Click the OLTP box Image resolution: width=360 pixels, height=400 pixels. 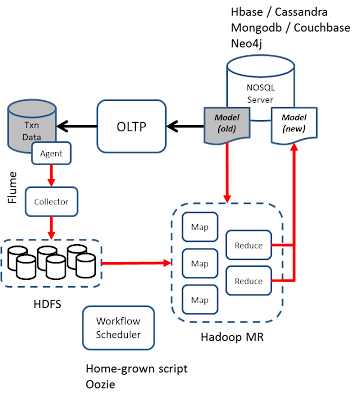tap(131, 126)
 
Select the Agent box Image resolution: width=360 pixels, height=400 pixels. tap(51, 153)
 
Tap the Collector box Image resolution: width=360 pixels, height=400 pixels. tap(51, 202)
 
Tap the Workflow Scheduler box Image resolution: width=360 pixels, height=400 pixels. tap(118, 328)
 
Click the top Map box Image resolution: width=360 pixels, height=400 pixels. tap(200, 227)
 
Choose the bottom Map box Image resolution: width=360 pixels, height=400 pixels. tap(200, 300)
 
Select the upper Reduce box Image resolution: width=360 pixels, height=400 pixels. tap(248, 245)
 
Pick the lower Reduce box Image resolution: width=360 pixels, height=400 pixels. tap(248, 281)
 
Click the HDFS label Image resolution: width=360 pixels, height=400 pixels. tap(47, 304)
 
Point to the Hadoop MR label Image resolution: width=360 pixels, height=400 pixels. tap(232, 337)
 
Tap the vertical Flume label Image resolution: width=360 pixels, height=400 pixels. tap(13, 187)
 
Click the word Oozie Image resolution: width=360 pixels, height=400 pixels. tap(101, 384)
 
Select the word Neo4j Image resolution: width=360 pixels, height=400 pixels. tap(246, 43)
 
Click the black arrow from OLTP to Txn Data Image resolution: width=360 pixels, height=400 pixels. tap(77, 126)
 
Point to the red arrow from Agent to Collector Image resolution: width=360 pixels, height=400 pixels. tap(51, 176)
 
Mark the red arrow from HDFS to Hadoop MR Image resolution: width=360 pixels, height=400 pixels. tap(136, 263)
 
